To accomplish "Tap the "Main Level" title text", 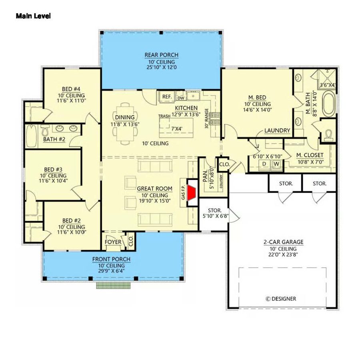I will (x=33, y=16).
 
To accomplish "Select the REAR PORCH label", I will (x=161, y=55).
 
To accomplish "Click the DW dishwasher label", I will (x=181, y=97).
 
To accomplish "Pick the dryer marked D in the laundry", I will (x=264, y=164).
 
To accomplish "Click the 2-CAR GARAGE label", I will (x=283, y=242).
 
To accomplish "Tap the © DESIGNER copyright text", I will (x=281, y=298).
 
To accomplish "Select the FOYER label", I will (x=113, y=242).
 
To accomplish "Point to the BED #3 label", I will (x=53, y=169).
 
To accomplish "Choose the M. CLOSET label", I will (x=310, y=155).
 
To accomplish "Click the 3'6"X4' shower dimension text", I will (x=328, y=85).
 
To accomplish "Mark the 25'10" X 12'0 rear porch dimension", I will (x=161, y=68).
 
